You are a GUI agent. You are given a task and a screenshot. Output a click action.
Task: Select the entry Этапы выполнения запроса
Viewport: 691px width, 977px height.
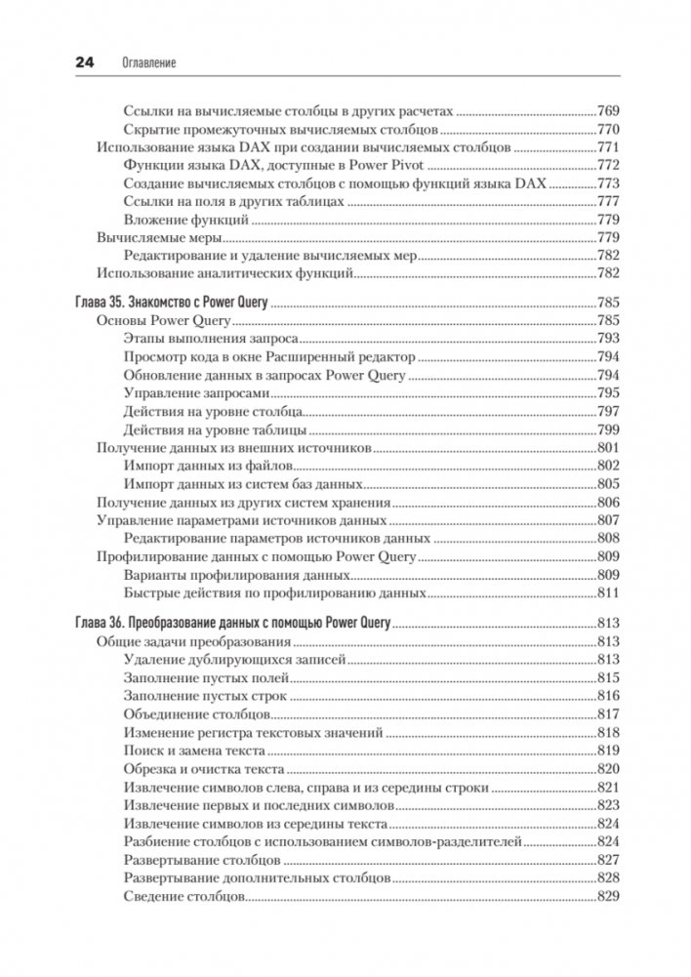click(211, 338)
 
